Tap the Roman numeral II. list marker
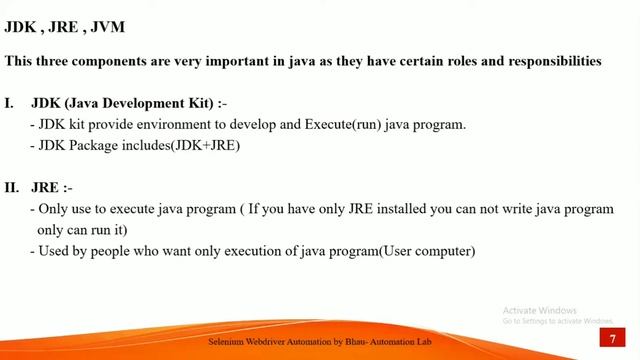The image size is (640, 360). pyautogui.click(x=13, y=188)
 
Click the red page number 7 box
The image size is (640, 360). pyautogui.click(x=612, y=341)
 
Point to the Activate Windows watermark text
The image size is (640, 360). pyautogui.click(x=541, y=309)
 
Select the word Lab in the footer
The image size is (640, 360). pyautogui.click(x=424, y=342)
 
